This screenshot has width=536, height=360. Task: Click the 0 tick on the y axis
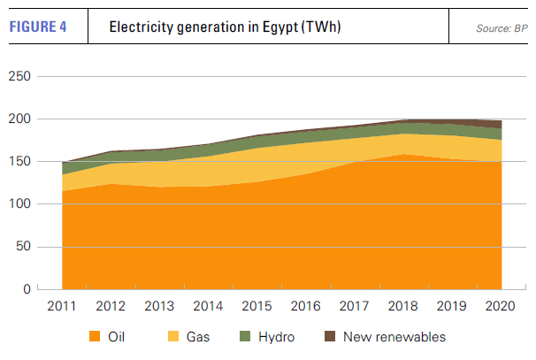click(x=28, y=289)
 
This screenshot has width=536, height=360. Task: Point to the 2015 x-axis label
click(x=257, y=306)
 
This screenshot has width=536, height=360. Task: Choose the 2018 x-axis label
click(x=404, y=306)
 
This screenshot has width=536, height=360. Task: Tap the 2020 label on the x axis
click(x=502, y=306)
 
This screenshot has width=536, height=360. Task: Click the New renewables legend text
click(x=394, y=337)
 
